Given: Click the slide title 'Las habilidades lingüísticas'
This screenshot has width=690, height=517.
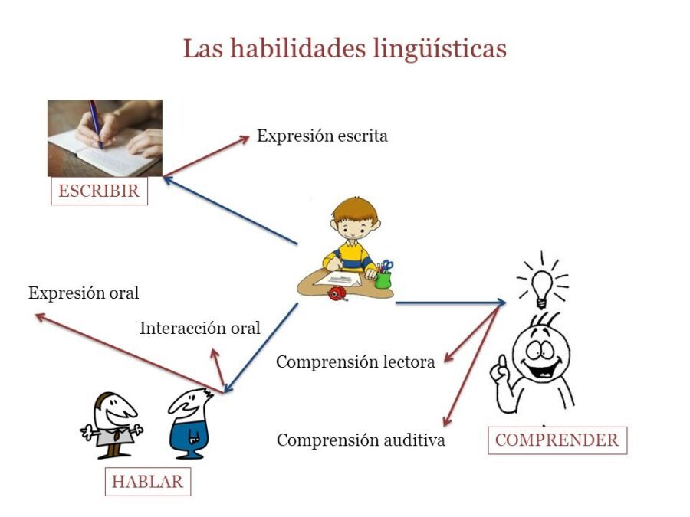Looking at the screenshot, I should pyautogui.click(x=344, y=48).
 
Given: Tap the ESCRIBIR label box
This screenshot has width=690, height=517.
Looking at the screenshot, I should pyautogui.click(x=99, y=191).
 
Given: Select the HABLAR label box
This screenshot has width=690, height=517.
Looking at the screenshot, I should pyautogui.click(x=147, y=482).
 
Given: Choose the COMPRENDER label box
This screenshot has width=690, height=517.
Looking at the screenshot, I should pyautogui.click(x=557, y=440).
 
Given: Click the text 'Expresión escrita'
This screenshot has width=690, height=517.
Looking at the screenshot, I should pyautogui.click(x=322, y=136).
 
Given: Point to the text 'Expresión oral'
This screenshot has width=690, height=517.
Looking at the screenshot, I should pyautogui.click(x=84, y=293).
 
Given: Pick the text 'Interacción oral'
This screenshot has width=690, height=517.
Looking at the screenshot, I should pyautogui.click(x=200, y=329).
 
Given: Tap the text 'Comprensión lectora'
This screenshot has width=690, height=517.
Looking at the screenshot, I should pyautogui.click(x=355, y=362).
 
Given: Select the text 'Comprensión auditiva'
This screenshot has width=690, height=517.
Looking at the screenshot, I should pyautogui.click(x=360, y=440).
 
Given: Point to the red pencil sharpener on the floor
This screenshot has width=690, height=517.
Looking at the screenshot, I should pyautogui.click(x=335, y=293).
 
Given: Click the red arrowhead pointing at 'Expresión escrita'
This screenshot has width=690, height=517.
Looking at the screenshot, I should pyautogui.click(x=245, y=139).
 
